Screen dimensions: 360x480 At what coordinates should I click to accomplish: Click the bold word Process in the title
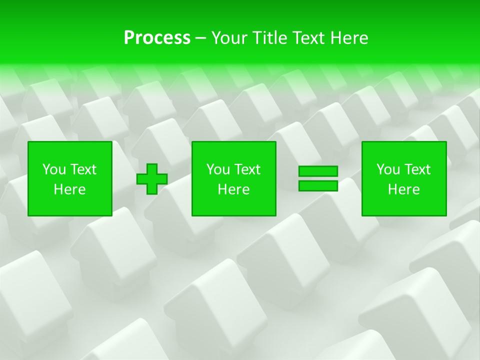[x=157, y=38]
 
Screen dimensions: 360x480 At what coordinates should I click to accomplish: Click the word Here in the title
[x=349, y=38]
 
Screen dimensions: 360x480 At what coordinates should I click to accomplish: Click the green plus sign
[x=152, y=179]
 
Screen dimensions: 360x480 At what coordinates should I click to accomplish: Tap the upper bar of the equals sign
[x=318, y=171]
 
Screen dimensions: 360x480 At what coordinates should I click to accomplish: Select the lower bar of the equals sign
[x=318, y=186]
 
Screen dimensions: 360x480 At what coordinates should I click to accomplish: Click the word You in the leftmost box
[x=53, y=169]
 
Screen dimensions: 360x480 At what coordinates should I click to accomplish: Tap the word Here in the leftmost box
[x=69, y=189]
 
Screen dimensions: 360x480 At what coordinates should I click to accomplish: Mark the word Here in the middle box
[x=233, y=189]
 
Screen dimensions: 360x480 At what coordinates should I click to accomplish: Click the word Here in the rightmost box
[x=403, y=189]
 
